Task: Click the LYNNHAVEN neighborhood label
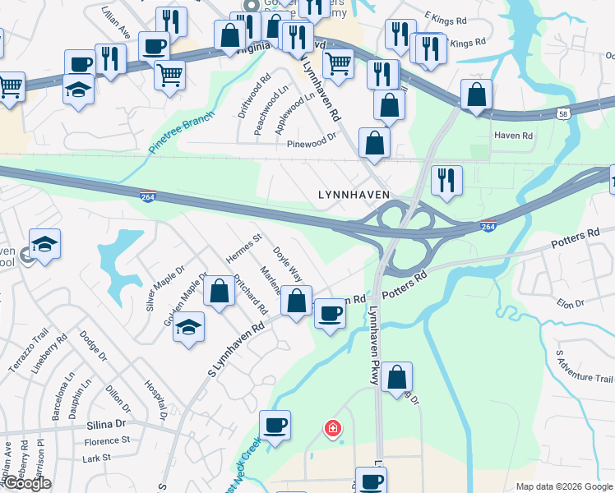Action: click(354, 195)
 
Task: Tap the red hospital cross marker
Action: click(332, 428)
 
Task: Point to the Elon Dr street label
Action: click(570, 303)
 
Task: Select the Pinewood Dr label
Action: click(312, 141)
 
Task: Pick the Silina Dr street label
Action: click(108, 425)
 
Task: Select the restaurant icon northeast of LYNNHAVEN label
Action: click(446, 181)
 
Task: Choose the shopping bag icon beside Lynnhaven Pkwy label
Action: click(396, 377)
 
